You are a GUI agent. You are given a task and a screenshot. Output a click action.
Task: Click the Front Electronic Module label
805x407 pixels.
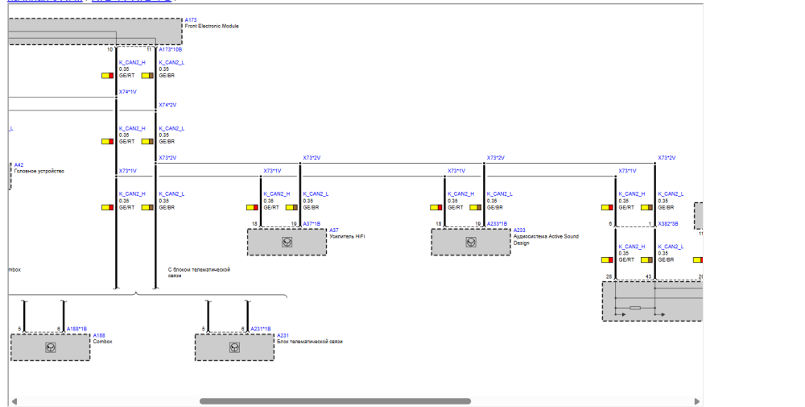(211, 26)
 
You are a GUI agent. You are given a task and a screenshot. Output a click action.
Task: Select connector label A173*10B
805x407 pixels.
(170, 49)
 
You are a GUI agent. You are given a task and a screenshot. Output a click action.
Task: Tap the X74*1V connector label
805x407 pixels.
(127, 92)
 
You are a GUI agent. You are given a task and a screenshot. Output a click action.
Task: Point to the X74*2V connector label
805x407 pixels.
(167, 105)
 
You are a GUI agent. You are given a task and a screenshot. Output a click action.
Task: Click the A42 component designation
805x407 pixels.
(19, 164)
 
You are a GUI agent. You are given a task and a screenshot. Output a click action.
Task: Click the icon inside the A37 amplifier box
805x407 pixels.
(287, 242)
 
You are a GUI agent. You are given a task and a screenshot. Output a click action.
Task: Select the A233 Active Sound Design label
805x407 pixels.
(545, 237)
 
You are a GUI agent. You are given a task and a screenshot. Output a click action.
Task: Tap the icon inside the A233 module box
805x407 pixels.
(471, 242)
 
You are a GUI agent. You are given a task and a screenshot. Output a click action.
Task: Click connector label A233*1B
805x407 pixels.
(497, 223)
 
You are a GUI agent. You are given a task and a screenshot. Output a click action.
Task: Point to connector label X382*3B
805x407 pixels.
(667, 223)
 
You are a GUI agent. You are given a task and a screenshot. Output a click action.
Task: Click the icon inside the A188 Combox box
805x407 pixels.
(51, 347)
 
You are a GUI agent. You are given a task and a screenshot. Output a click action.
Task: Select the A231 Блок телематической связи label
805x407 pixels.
(309, 341)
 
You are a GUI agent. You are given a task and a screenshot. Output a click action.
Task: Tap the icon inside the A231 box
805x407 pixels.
(234, 347)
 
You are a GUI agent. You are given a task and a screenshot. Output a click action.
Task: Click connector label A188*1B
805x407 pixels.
(77, 329)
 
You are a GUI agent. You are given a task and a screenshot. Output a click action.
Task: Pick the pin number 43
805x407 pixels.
(648, 276)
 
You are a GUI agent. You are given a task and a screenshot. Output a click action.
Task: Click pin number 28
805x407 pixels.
(609, 276)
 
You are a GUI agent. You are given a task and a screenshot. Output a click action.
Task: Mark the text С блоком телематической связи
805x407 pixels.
(199, 272)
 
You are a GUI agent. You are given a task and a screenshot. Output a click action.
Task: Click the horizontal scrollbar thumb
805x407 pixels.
(335, 401)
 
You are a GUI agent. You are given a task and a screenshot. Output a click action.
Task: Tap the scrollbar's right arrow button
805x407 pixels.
(697, 401)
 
